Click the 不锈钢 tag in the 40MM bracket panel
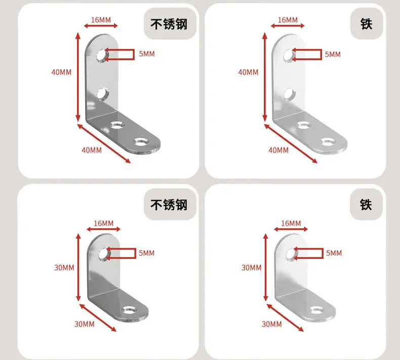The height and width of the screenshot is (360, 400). point(170,24)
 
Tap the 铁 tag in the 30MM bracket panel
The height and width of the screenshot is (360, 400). point(366,205)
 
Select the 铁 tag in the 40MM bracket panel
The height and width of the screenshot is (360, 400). point(366,24)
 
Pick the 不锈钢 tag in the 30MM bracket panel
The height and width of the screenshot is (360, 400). point(170,205)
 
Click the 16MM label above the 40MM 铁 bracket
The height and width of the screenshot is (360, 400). point(288,20)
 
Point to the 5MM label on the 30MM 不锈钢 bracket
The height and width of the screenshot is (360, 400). point(147,253)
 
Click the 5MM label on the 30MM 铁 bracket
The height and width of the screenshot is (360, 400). point(334,253)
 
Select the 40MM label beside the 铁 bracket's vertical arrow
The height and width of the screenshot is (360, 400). point(248,72)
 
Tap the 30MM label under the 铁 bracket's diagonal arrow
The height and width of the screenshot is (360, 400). point(272,324)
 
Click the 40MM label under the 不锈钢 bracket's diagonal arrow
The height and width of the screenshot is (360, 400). point(92,150)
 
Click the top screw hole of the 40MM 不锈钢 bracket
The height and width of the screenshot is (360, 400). point(102,55)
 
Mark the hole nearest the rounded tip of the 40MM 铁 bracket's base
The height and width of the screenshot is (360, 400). point(328,142)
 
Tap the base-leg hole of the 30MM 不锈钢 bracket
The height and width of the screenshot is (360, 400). point(129,310)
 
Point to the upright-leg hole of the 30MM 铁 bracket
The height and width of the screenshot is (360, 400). point(291,254)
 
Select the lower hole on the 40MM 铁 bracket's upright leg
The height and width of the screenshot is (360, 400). point(290,94)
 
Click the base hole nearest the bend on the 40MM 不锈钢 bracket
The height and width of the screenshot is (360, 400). point(117,125)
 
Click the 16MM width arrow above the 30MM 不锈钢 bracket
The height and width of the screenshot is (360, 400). point(104,229)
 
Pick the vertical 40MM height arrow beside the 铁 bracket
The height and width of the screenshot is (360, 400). point(265,77)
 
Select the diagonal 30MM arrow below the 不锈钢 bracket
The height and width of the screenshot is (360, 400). point(98,317)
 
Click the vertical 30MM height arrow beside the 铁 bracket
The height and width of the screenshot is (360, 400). point(265,267)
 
